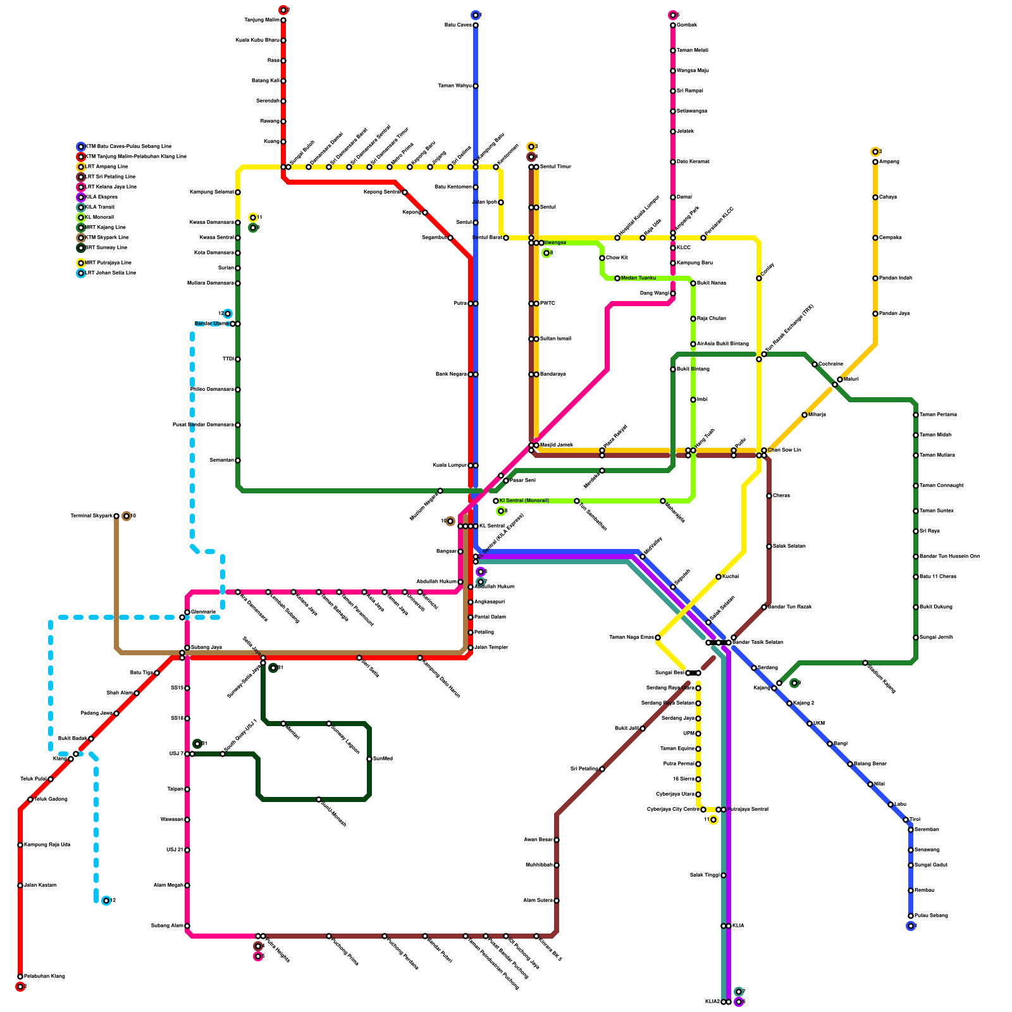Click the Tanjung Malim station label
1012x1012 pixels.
[262, 20]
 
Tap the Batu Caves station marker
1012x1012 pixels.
[476, 25]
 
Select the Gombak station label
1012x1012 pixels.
[687, 25]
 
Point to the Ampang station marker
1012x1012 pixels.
[875, 162]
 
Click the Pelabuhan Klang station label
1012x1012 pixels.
[44, 977]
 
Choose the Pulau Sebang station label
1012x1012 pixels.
[931, 916]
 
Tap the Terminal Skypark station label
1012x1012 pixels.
[92, 516]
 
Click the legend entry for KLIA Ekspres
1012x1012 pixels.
[101, 197]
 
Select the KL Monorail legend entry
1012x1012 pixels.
[99, 218]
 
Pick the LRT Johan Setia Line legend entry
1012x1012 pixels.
[111, 273]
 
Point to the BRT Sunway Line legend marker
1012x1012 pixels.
[81, 248]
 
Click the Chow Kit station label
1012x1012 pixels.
[617, 258]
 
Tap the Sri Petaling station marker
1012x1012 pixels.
[602, 769]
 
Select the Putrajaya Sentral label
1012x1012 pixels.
[748, 810]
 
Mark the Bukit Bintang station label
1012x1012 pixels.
[693, 369]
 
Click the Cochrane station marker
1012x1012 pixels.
[815, 364]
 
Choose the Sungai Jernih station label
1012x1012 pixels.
[936, 638]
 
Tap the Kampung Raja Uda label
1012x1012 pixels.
[47, 845]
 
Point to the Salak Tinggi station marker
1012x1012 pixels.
[724, 875]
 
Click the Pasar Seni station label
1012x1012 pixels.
[522, 481]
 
